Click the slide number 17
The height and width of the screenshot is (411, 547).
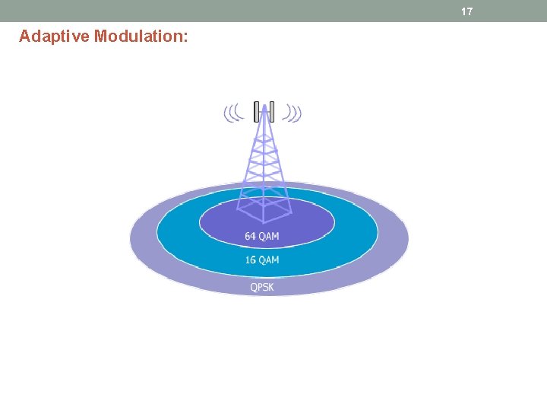[467, 11]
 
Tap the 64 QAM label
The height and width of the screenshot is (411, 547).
[261, 236]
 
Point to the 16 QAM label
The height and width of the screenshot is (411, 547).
[261, 260]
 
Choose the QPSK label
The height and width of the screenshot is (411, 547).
[262, 287]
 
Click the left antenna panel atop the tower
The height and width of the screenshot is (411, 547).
[257, 111]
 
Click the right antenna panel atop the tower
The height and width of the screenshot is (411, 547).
[271, 111]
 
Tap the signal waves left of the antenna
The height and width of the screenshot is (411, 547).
[232, 113]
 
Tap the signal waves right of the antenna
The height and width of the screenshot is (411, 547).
[292, 113]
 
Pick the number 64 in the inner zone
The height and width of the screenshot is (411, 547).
[250, 236]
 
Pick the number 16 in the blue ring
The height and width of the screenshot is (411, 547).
[250, 260]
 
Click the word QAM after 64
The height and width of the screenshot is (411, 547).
[269, 236]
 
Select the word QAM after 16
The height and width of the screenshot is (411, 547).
[269, 260]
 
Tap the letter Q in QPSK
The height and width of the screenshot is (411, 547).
[255, 287]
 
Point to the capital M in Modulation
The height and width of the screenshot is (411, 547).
[100, 36]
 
